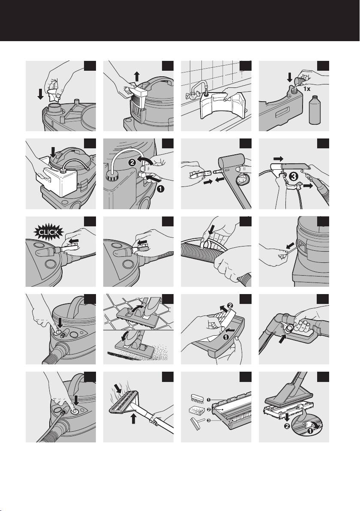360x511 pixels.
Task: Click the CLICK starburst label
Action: pos(49,232)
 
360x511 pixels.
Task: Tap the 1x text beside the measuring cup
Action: pos(306,88)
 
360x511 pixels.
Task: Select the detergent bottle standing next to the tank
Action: pos(315,109)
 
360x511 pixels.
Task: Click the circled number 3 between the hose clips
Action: pos(294,177)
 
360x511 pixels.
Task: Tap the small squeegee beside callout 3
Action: pos(198,424)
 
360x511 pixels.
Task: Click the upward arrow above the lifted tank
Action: pos(137,77)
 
